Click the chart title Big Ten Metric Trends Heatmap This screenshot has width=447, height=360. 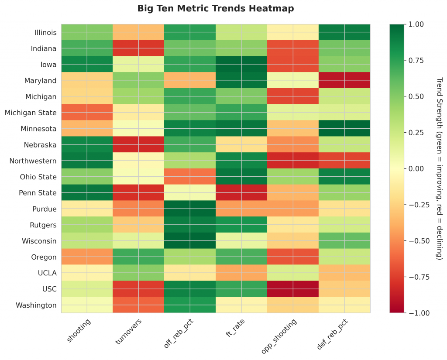coord(216,8)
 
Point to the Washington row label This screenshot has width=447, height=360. coord(37,305)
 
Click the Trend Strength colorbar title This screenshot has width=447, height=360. coord(439,168)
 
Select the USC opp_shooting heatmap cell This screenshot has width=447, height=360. coord(293,289)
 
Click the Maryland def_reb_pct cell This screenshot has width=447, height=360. coord(344,80)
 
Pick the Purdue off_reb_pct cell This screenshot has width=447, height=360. coord(190,209)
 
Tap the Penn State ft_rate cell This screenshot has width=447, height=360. coord(241,192)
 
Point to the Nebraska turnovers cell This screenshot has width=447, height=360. coord(138,144)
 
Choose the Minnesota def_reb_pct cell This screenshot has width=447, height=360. coord(344,128)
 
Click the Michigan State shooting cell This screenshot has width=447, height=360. coord(86,113)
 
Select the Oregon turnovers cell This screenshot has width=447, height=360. coord(138,257)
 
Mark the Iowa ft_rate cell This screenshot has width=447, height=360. coord(241,64)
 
